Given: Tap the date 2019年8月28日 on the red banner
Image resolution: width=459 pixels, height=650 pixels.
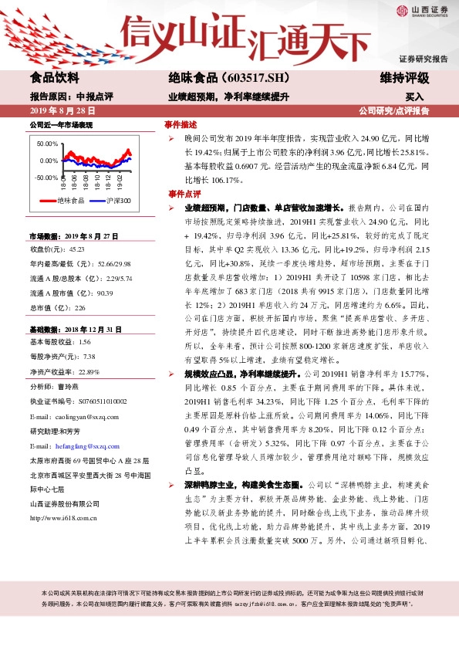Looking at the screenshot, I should (x=59, y=111).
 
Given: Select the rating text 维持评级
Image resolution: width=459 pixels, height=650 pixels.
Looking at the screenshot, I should (x=405, y=78).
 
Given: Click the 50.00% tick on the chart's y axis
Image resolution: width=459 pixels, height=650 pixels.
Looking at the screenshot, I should (x=48, y=144).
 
